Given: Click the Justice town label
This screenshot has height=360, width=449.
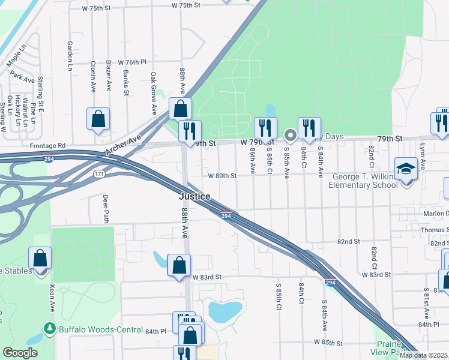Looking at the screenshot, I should [x=194, y=196].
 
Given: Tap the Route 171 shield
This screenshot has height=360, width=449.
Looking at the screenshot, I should [x=100, y=173].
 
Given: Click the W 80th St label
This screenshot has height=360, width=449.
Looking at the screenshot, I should [x=222, y=176].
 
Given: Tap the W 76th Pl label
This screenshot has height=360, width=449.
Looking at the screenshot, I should [x=132, y=62].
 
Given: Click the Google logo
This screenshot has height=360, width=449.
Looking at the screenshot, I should [x=20, y=353].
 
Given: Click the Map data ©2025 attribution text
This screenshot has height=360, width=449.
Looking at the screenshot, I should [x=423, y=355].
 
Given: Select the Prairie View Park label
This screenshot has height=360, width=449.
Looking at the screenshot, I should [x=393, y=349].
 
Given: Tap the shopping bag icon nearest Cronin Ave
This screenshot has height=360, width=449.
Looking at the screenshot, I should [x=98, y=119].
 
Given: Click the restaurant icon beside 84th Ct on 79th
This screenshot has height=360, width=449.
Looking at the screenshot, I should [x=309, y=127].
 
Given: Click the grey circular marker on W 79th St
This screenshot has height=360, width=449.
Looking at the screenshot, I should [x=290, y=135].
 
